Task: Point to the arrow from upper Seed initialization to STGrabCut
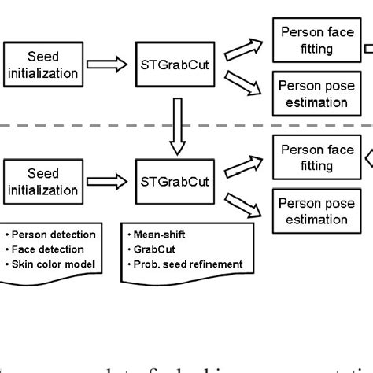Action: coord(108,65)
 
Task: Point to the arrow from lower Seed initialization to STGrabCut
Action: coord(108,181)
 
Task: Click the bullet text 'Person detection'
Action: coord(54,235)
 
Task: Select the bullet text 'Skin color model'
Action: coord(52,263)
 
